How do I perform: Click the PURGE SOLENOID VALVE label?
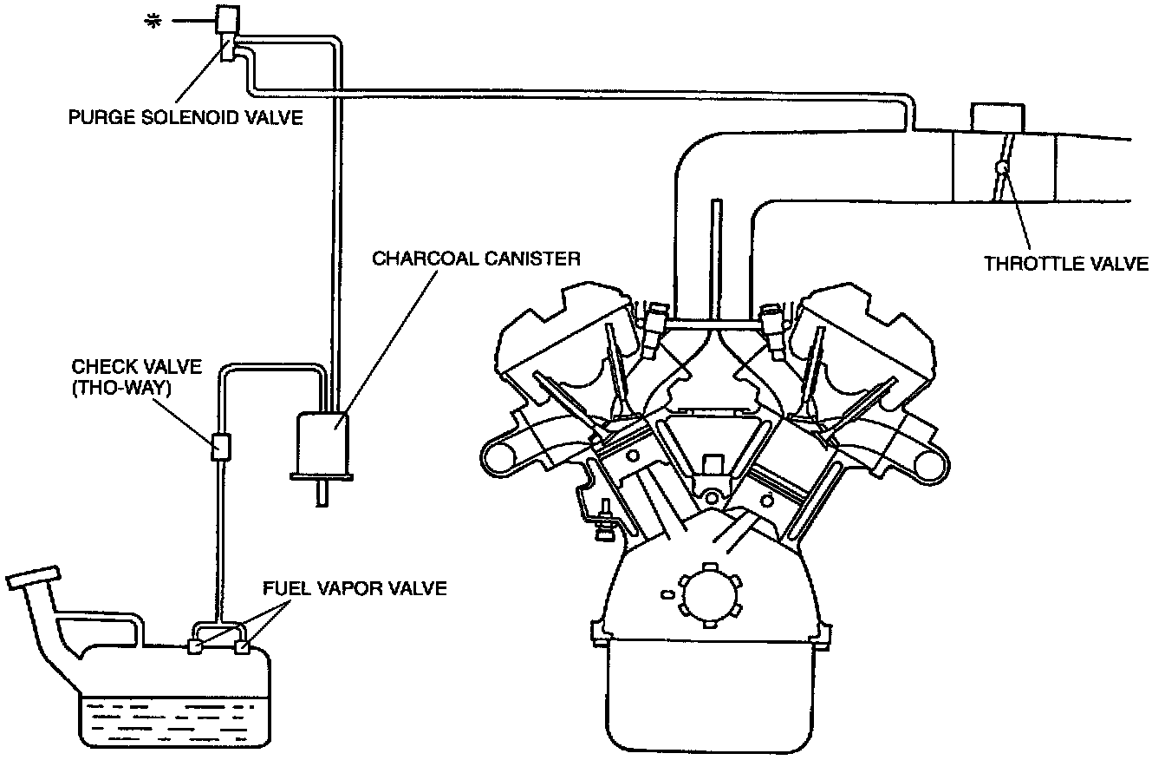[x=185, y=116]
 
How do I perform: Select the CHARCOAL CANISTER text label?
[x=476, y=259]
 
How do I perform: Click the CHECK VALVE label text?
[x=125, y=366]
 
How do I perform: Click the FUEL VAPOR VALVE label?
[x=355, y=589]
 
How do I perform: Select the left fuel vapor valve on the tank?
[x=196, y=646]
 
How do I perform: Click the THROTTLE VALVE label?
[x=1066, y=263]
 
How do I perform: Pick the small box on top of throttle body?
[x=998, y=116]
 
